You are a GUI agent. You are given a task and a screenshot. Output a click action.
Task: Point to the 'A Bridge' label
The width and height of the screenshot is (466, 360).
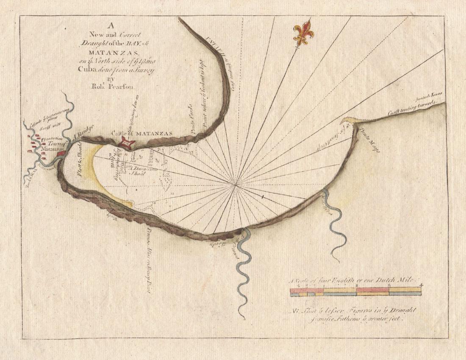pyautogui.click(x=80, y=133)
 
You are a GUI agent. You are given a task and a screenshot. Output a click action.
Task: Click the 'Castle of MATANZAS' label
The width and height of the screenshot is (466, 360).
pyautogui.click(x=142, y=133)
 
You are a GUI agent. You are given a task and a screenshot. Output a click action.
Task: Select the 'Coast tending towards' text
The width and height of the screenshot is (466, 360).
pyautogui.click(x=407, y=110)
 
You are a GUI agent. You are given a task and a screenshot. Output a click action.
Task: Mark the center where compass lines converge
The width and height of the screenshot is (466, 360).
pyautogui.click(x=236, y=184)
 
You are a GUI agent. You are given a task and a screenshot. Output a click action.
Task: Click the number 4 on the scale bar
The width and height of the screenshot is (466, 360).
pyautogui.click(x=421, y=285)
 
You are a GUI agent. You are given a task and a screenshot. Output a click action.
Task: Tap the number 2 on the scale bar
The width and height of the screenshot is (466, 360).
pyautogui.click(x=357, y=286)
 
